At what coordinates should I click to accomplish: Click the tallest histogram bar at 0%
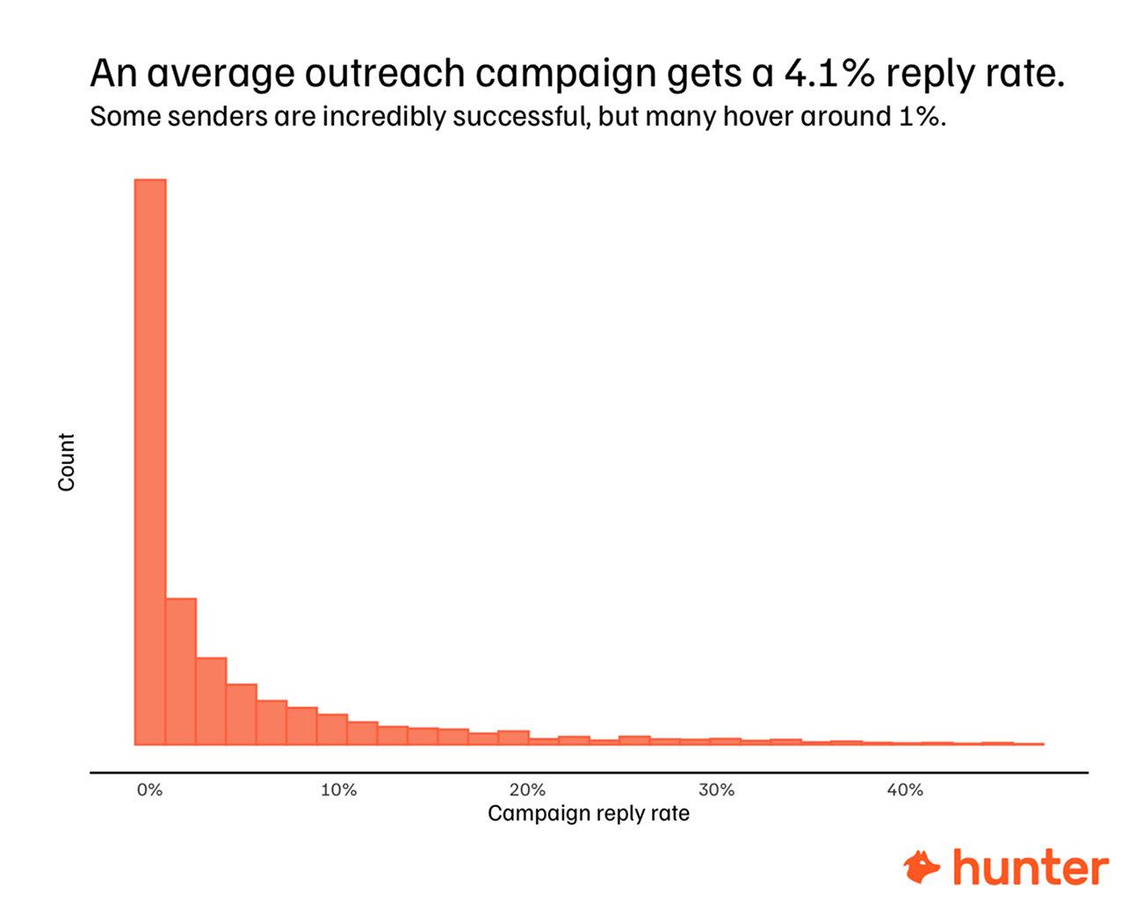(x=149, y=461)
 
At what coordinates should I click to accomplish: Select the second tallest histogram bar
(x=180, y=672)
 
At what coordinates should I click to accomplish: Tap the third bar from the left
(x=211, y=701)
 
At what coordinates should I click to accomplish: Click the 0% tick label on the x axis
(x=149, y=790)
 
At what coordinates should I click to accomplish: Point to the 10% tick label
(x=338, y=790)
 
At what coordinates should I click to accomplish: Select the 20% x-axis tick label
(x=527, y=790)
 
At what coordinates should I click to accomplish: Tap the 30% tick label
(x=716, y=790)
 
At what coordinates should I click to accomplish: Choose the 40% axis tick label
(x=905, y=790)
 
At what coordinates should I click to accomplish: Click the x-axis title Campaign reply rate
(x=588, y=814)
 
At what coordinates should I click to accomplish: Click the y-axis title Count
(x=67, y=462)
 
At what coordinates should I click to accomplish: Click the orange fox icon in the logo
(x=922, y=868)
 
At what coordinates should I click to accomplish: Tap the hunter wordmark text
(x=1030, y=868)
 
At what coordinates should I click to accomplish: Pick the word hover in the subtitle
(x=758, y=117)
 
